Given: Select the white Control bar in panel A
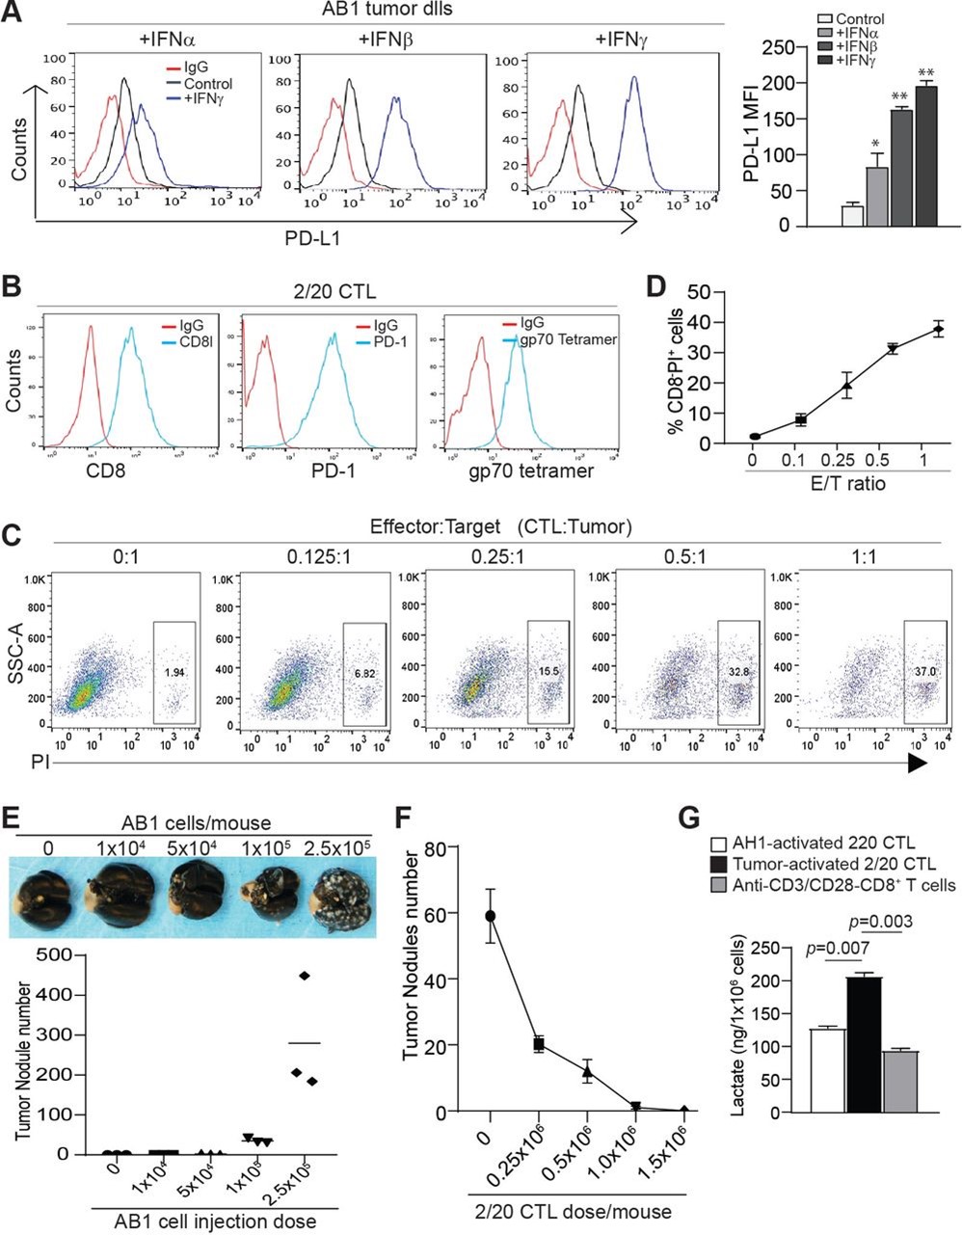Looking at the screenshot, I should coord(852,215).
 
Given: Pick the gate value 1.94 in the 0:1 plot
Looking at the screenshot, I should coord(174,668).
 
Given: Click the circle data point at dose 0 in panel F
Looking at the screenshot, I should coord(492,915).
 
